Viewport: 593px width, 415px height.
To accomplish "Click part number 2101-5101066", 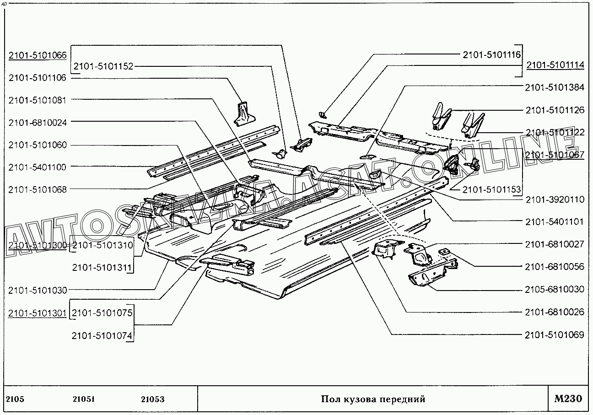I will [38, 55].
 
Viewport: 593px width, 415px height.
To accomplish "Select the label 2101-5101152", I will [103, 66].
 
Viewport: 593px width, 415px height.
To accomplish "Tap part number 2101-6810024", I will [38, 122].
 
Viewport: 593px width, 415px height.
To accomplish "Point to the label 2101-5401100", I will [38, 167].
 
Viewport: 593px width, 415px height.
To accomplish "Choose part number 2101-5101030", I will [38, 290].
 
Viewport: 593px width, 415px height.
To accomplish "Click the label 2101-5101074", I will [102, 336].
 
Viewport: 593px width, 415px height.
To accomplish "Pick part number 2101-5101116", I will [491, 55].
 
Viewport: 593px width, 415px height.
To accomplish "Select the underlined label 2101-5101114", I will [555, 65].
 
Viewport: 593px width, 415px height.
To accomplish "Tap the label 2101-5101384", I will [555, 87].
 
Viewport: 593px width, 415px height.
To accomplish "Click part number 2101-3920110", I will [555, 199].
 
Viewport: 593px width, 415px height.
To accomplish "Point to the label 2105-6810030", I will [555, 290].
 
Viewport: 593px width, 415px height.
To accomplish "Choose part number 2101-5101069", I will [555, 335].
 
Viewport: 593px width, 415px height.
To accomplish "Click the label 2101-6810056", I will [555, 267].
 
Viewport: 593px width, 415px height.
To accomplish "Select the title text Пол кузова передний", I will [373, 399].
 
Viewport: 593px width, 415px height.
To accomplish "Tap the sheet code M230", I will [568, 399].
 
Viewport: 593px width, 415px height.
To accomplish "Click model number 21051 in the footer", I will [84, 399].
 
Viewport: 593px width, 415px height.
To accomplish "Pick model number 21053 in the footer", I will [153, 399].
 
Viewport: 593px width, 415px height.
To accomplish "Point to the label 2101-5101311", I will [102, 268].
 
